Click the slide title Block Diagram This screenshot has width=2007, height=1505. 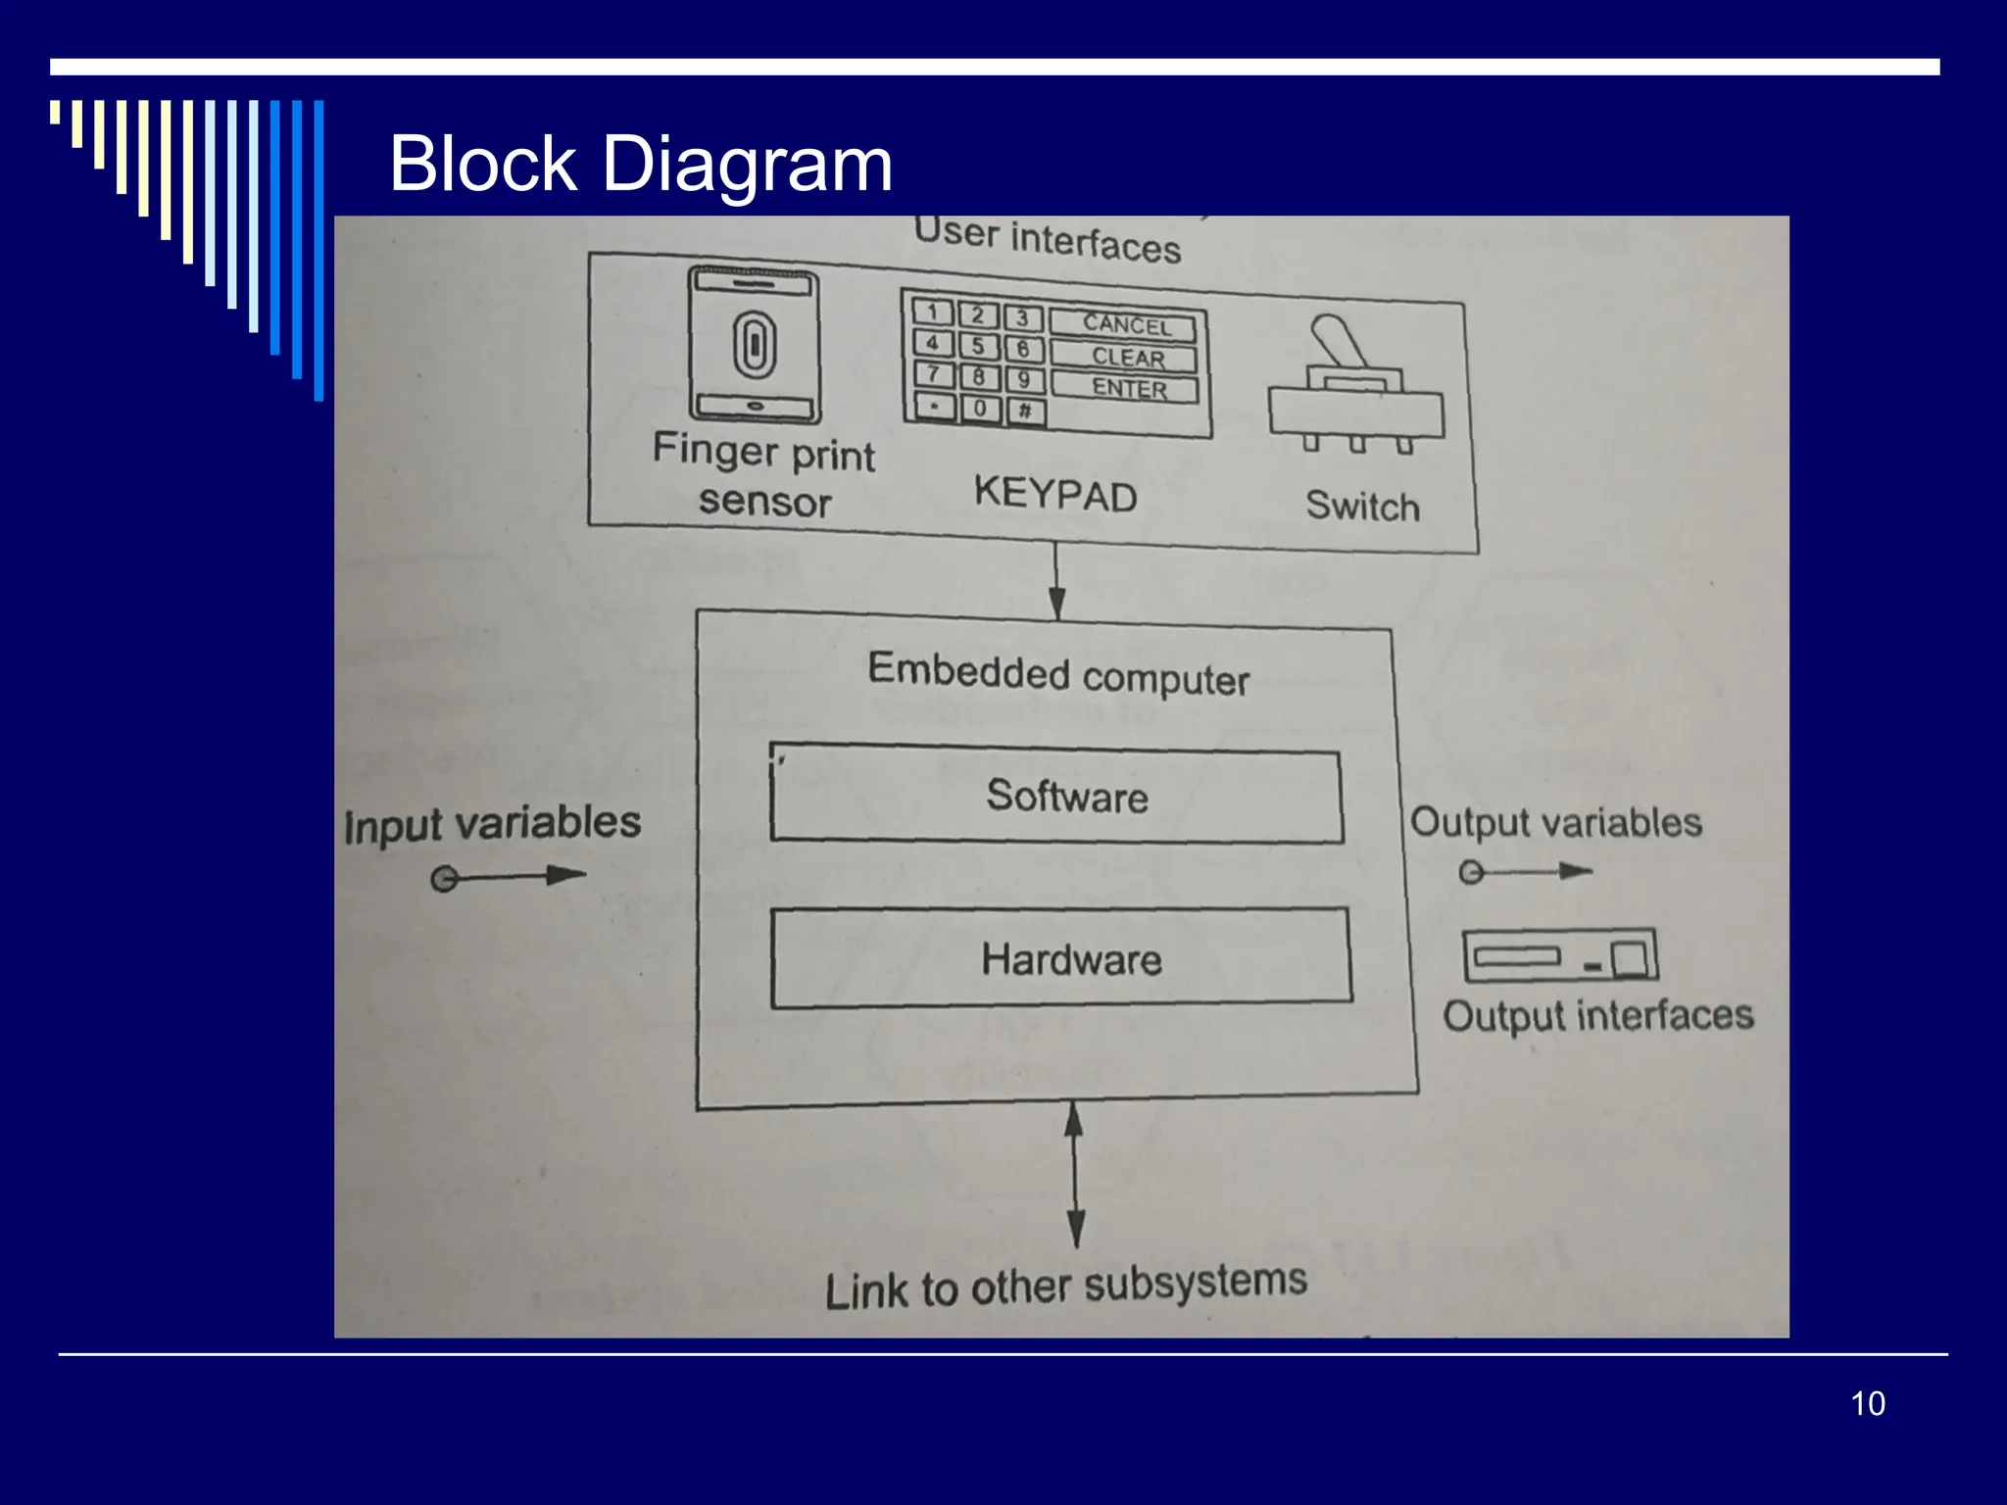[641, 164]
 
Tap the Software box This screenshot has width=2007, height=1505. [1056, 796]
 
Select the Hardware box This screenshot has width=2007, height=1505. [1062, 958]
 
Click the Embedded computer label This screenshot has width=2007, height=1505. [1058, 675]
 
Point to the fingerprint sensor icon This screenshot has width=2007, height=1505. [754, 346]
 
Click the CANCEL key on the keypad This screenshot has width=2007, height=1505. [1124, 324]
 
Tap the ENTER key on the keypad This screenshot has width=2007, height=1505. [1126, 389]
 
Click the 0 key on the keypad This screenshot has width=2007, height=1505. [980, 407]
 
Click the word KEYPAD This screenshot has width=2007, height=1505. [1055, 494]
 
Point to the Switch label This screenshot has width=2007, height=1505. [1362, 507]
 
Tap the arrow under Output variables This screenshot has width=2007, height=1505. [1525, 871]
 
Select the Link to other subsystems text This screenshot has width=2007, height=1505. [1066, 1286]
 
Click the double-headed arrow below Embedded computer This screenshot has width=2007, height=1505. [1075, 1174]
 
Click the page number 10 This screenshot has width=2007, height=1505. [1867, 1403]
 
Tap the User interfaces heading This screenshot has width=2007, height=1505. [1047, 240]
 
